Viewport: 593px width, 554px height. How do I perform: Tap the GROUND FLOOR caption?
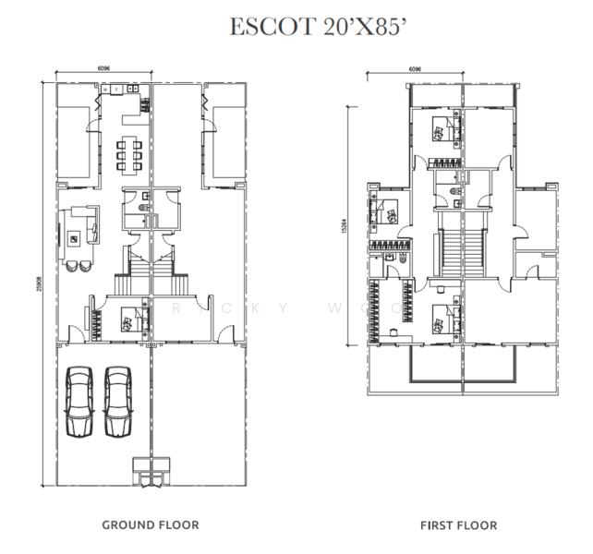[x=151, y=525]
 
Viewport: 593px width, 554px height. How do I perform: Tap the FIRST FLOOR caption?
[x=459, y=525]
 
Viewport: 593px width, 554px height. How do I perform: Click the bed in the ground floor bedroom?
[x=130, y=319]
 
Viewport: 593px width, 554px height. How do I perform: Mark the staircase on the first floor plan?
[x=462, y=246]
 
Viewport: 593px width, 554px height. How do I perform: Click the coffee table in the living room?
[x=73, y=239]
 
